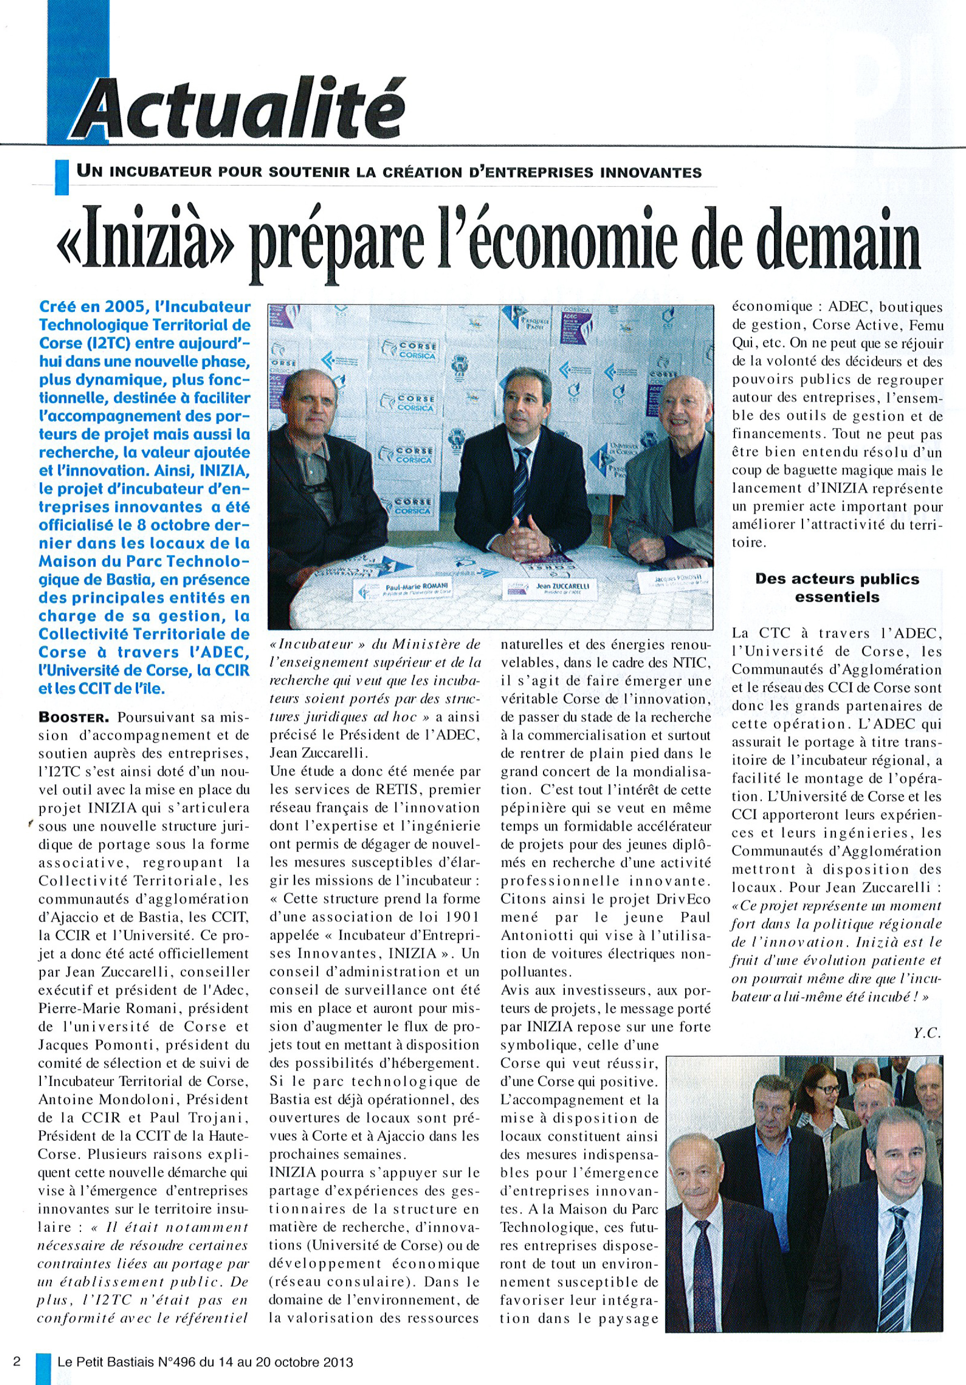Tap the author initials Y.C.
coord(926,1033)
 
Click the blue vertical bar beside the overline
coord(61,175)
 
